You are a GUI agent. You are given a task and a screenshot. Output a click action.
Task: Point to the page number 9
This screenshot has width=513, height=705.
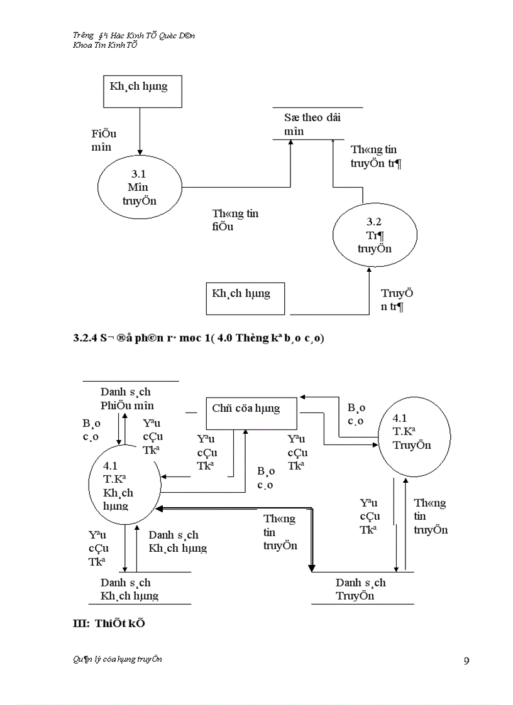tap(466, 660)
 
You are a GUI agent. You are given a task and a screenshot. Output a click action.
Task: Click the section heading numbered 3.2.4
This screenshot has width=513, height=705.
tap(199, 339)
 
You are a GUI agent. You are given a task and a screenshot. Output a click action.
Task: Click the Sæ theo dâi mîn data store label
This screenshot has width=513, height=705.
tap(312, 124)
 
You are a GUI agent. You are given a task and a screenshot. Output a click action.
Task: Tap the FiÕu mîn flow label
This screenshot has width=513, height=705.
tap(104, 140)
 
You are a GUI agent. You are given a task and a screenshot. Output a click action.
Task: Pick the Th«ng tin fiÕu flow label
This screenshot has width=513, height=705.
tap(234, 220)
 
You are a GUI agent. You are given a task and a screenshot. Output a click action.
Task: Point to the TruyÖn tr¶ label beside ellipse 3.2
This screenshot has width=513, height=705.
tap(396, 300)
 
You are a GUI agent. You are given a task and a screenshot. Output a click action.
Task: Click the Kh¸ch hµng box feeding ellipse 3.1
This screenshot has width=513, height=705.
tap(143, 92)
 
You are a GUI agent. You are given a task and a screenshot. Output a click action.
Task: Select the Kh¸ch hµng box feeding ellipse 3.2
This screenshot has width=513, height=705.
tap(245, 298)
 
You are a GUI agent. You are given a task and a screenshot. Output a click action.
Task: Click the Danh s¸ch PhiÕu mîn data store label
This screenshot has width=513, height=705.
tap(127, 399)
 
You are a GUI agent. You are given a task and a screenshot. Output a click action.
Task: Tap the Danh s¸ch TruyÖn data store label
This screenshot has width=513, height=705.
tap(360, 589)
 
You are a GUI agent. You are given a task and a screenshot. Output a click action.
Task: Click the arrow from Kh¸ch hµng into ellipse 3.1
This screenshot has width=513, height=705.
tap(140, 132)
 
